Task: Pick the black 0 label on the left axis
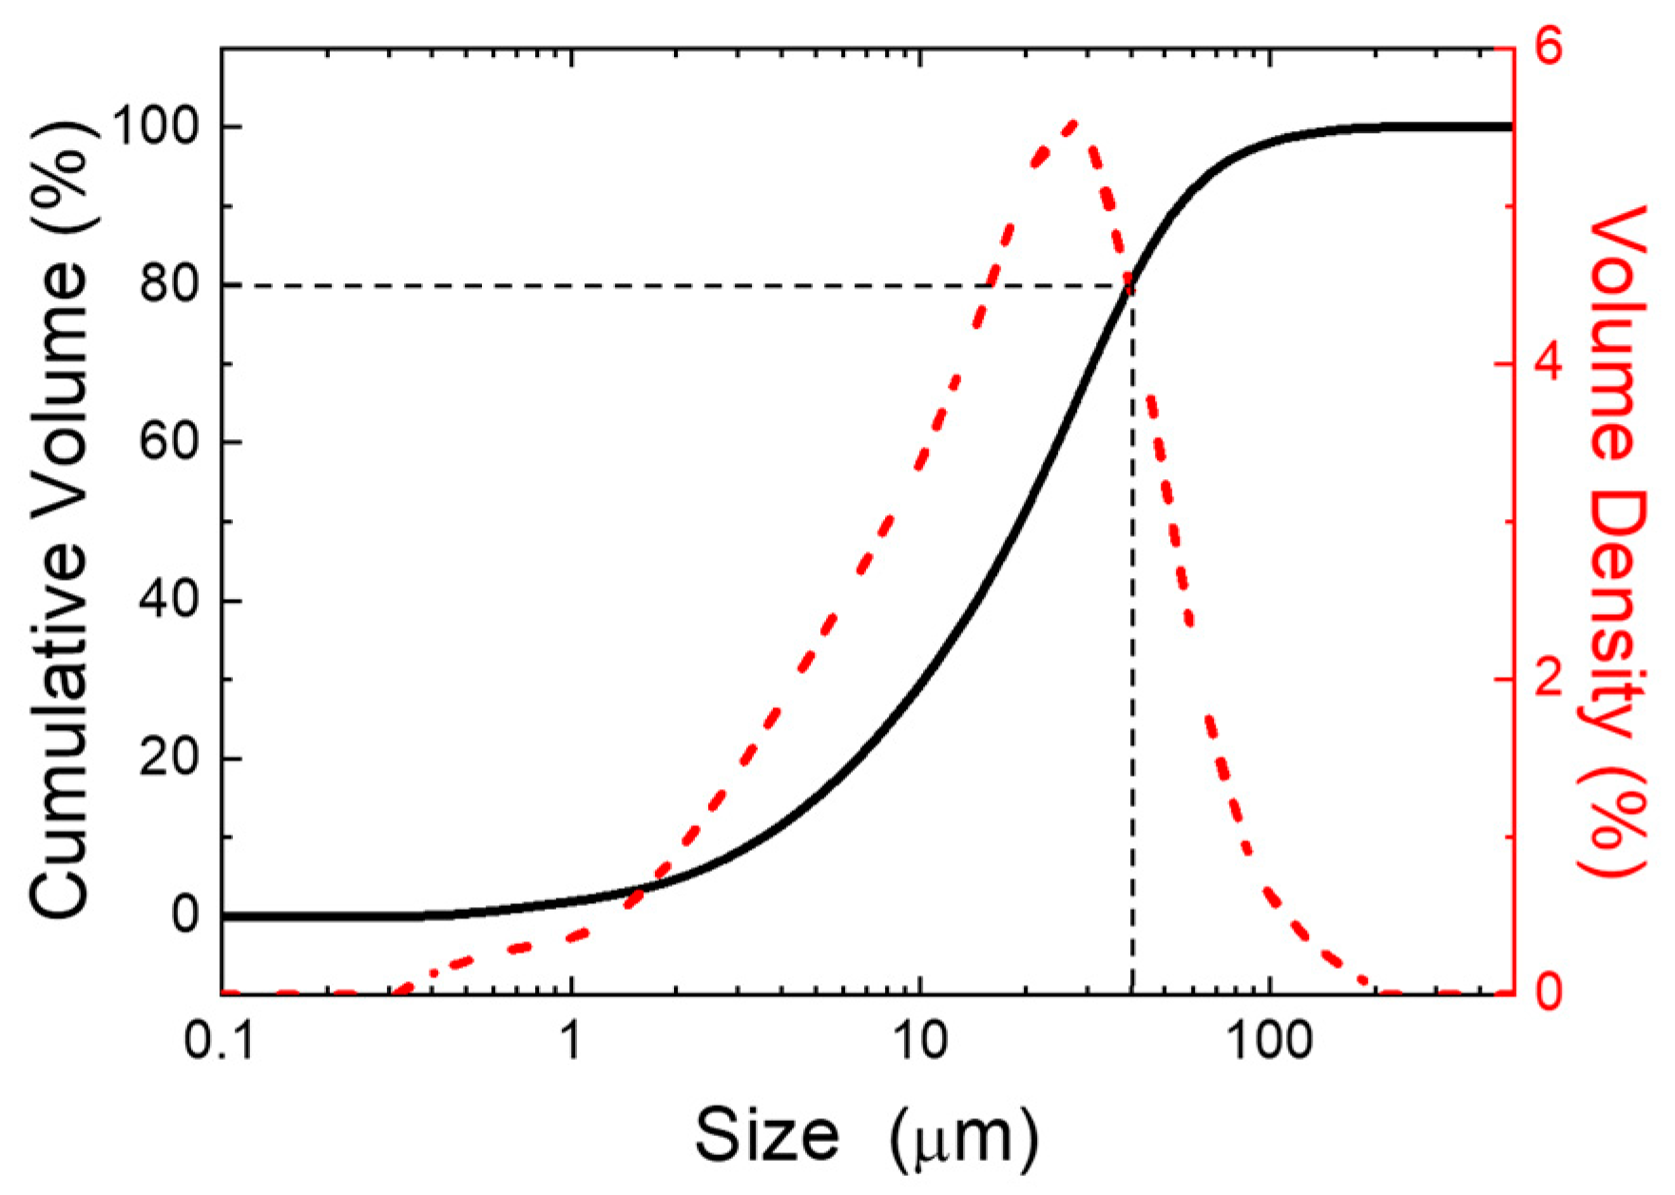pyautogui.click(x=186, y=916)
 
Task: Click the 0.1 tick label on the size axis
pyautogui.click(x=221, y=1042)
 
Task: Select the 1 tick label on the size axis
pyautogui.click(x=570, y=1042)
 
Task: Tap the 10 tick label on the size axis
pyautogui.click(x=919, y=1042)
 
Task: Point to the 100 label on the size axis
pyautogui.click(x=1269, y=1042)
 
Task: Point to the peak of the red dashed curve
pyautogui.click(x=1073, y=123)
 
